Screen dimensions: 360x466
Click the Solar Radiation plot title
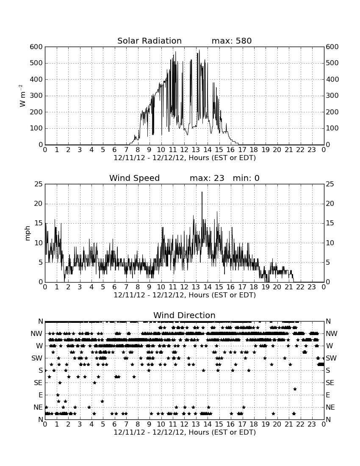pos(150,41)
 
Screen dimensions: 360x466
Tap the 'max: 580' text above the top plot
pos(232,41)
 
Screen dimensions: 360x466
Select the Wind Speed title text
pos(135,178)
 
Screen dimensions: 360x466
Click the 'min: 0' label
pos(246,178)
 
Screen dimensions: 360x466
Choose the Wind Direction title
pos(185,315)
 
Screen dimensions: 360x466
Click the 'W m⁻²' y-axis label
pos(22,96)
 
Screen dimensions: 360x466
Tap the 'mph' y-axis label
pos(28,233)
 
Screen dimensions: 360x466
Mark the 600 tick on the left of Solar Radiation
pos(36,47)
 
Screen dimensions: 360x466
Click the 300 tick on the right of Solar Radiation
pos(332,96)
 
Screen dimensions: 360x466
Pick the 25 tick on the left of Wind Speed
pos(39,184)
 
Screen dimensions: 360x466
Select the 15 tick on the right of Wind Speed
pos(330,223)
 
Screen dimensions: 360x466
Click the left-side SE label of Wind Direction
pos(38,383)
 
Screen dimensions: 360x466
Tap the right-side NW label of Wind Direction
pos(332,334)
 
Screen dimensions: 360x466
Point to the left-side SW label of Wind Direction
pos(37,358)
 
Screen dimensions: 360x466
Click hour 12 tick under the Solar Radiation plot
pos(184,150)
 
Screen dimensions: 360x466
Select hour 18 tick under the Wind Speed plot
pos(254,287)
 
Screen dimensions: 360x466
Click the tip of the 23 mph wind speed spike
pos(202,192)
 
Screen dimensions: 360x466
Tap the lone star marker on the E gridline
pos(58,395)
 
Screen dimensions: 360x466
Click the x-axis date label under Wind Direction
pos(185,432)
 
